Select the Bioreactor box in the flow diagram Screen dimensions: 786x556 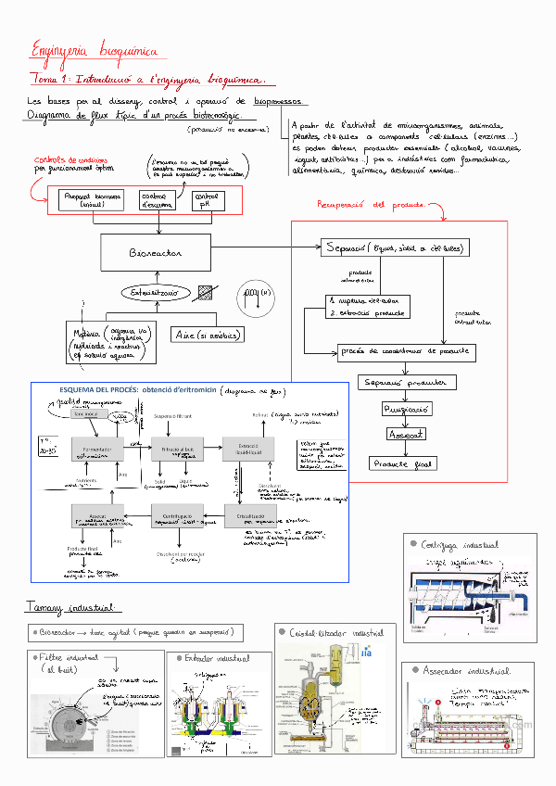157,252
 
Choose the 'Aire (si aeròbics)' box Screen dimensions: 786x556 207,335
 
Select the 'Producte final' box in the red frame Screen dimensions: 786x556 402,463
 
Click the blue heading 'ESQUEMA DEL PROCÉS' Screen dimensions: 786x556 99,390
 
